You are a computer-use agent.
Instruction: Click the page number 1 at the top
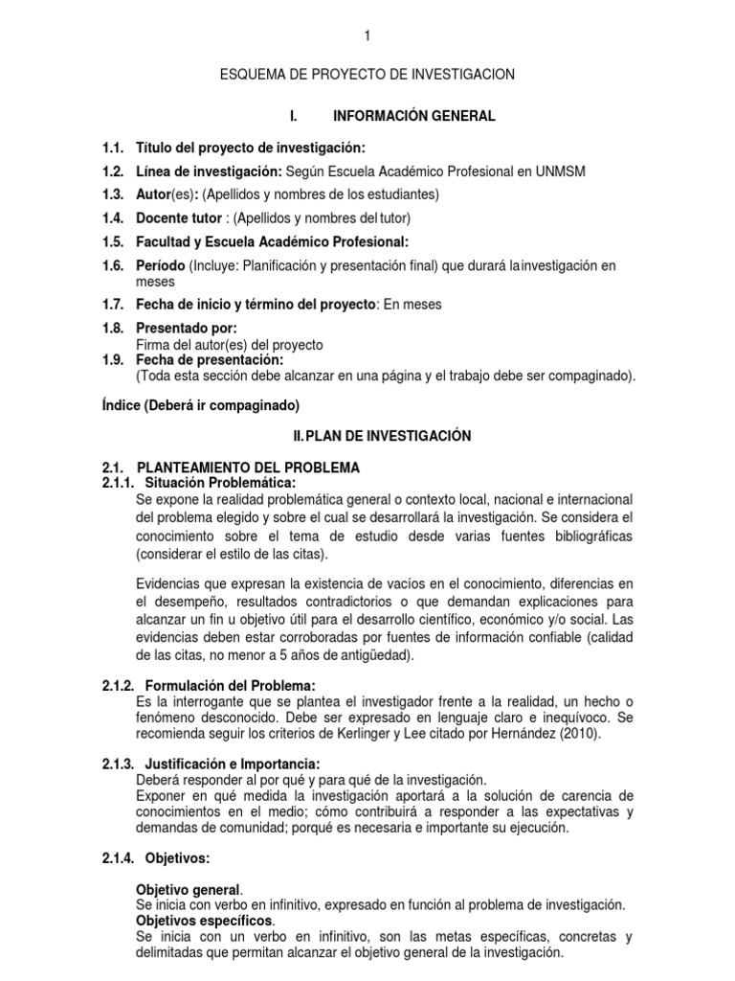pos(367,36)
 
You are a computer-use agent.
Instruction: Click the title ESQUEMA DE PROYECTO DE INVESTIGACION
pos(367,74)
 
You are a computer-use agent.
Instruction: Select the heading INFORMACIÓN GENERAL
pos(413,116)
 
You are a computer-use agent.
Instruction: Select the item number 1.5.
pos(113,241)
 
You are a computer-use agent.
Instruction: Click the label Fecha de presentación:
pos(210,359)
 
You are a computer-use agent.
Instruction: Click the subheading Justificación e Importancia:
pos(231,764)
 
